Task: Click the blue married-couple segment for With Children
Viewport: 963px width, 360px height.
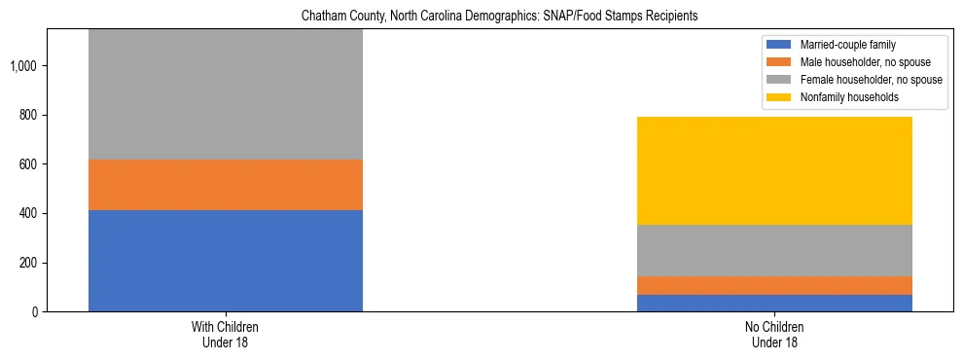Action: pos(226,260)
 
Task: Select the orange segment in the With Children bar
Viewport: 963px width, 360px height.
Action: pos(226,185)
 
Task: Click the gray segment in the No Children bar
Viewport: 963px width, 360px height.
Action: pos(774,250)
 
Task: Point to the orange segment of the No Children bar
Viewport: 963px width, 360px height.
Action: pos(774,285)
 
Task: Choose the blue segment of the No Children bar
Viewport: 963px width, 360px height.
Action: pos(774,303)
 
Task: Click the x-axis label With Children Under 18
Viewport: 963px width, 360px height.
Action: pos(226,335)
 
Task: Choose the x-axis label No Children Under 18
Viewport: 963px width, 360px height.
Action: pos(774,335)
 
